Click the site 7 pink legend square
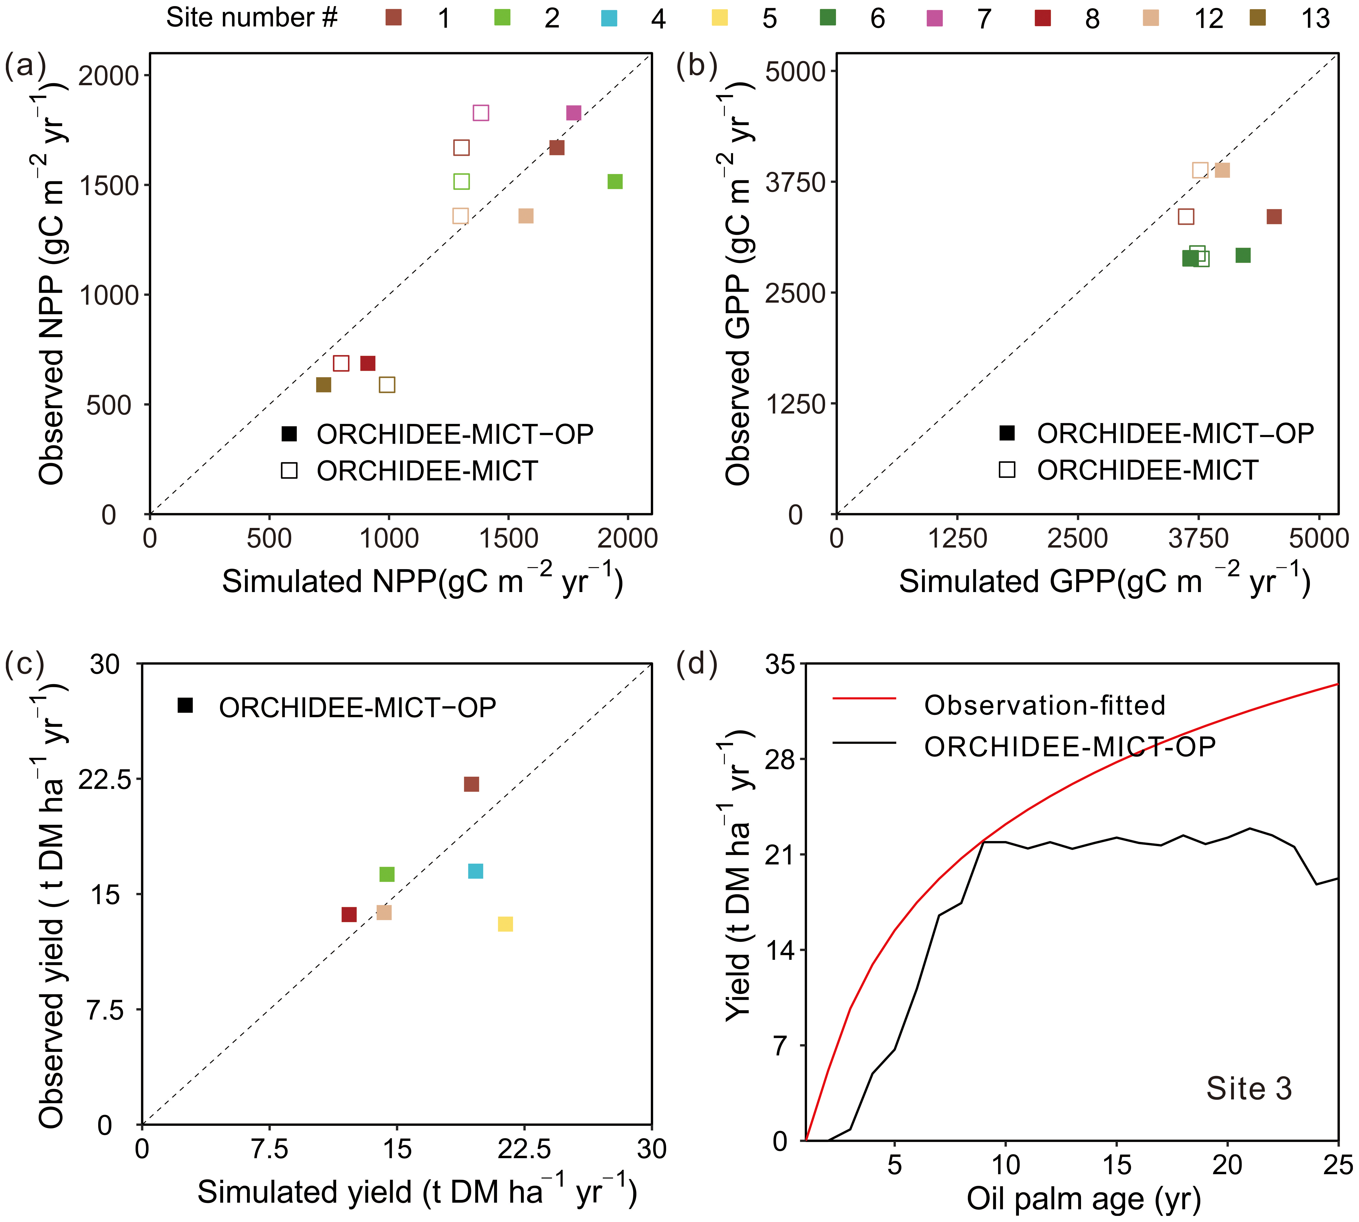(x=934, y=18)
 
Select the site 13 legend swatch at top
(x=1258, y=18)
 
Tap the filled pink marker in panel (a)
(x=573, y=113)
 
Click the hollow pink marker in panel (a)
(x=481, y=113)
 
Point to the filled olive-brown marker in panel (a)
(x=324, y=385)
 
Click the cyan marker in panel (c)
(x=475, y=871)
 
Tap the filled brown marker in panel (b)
(x=1274, y=216)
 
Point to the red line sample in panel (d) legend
(x=864, y=698)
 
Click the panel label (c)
(x=25, y=663)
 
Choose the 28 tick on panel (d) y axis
(x=780, y=759)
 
